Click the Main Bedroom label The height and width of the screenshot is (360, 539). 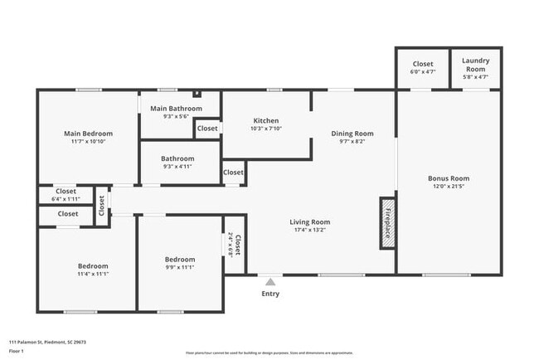pos(88,133)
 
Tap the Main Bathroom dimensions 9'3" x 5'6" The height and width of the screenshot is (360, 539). pos(176,116)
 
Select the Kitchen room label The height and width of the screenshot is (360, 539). pos(265,120)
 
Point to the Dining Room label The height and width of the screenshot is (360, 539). pos(352,133)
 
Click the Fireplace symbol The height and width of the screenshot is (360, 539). pos(386,222)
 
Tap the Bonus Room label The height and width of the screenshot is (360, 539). pos(449,178)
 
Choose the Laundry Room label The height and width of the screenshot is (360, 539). pos(475,64)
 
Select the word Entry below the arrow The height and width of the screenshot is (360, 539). pos(270,294)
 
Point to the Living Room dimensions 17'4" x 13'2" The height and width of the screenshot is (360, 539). pos(309,231)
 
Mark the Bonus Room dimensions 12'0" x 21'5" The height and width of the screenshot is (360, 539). pos(449,187)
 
